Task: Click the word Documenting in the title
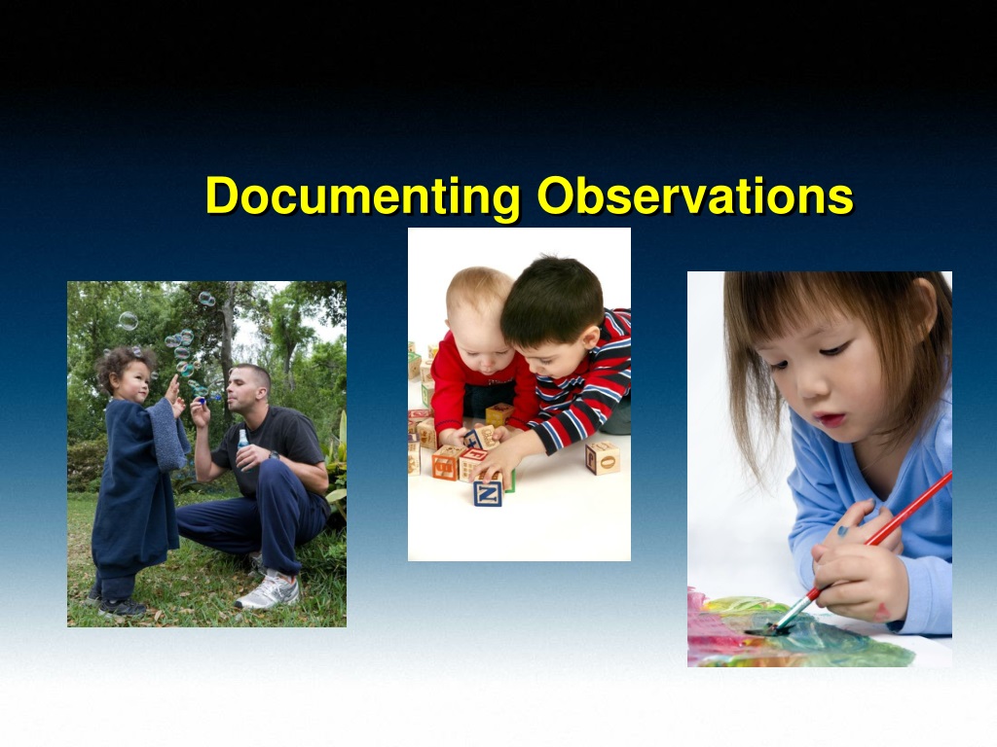click(x=362, y=196)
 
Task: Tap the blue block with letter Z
click(x=488, y=493)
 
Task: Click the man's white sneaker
click(x=269, y=591)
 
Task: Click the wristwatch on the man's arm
click(x=274, y=455)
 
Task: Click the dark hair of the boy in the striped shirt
click(x=553, y=299)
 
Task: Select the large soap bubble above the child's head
click(x=128, y=321)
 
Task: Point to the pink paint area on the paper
click(x=716, y=629)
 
